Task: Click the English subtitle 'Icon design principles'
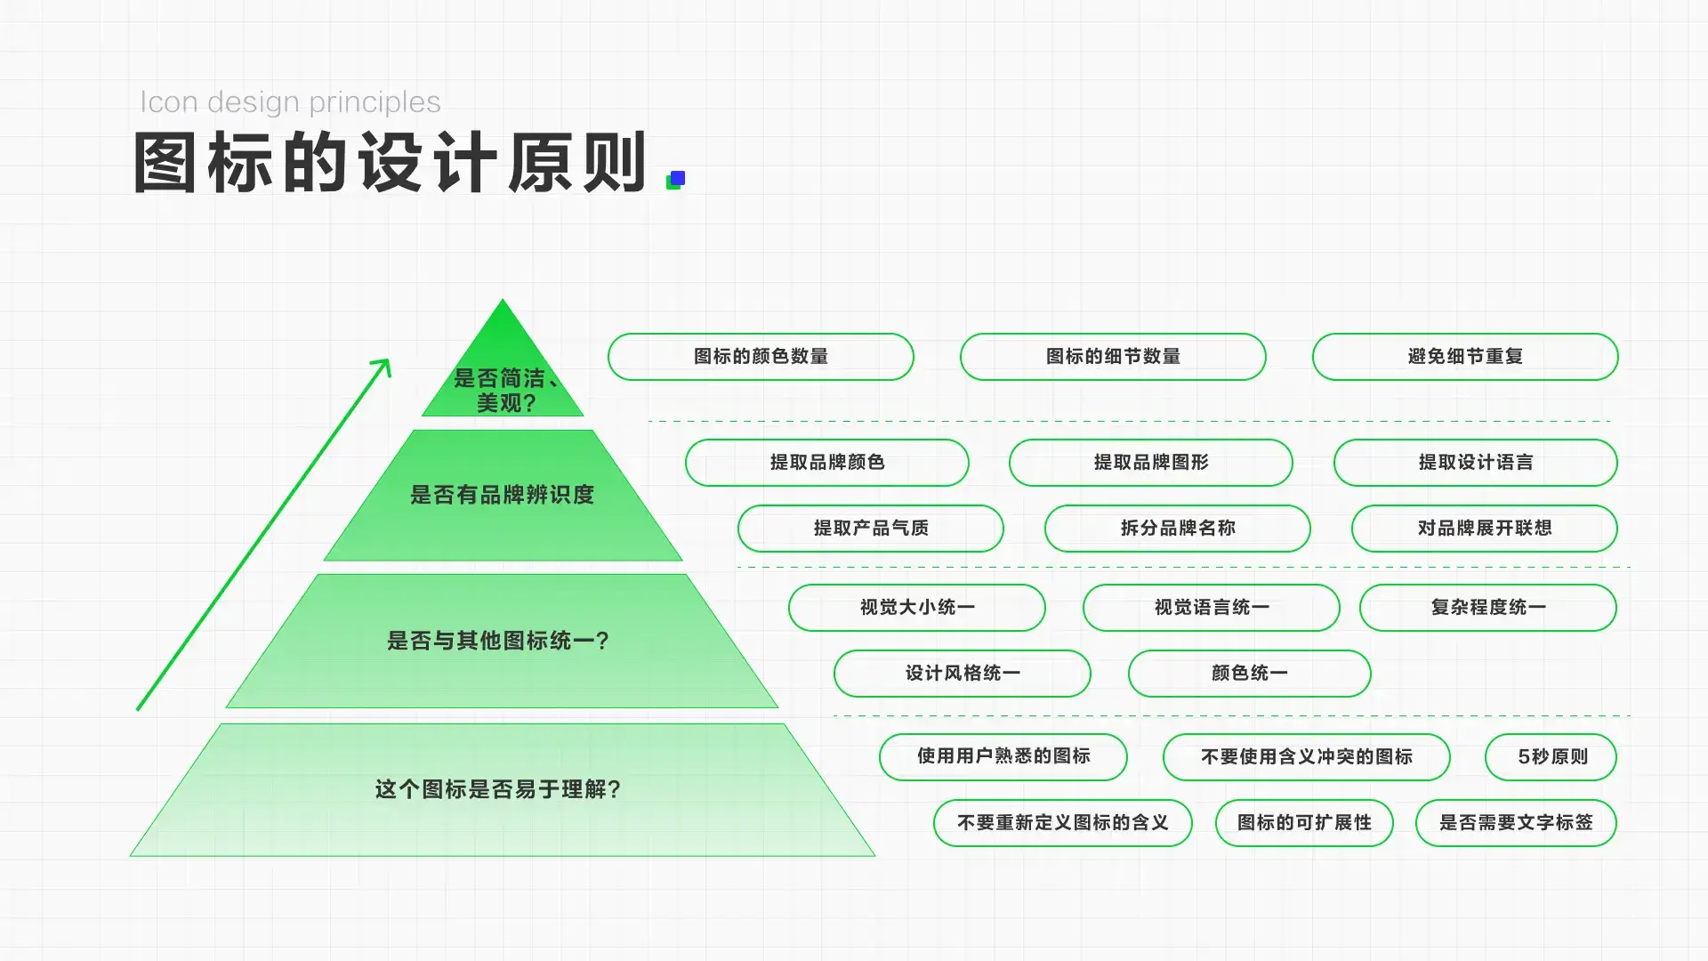[290, 103]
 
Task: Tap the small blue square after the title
[678, 178]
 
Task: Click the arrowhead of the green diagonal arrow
[383, 367]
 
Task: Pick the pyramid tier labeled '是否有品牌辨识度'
[503, 495]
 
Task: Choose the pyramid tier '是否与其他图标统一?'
[502, 641]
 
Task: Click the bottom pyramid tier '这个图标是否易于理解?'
[503, 790]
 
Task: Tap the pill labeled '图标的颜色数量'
[761, 357]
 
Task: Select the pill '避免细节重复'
[1465, 357]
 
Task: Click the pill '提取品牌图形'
[1151, 463]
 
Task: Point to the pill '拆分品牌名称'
[1178, 529]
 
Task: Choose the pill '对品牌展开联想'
[1485, 529]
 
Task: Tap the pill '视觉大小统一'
[917, 608]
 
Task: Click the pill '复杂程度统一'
[1488, 608]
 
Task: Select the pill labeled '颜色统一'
[1250, 674]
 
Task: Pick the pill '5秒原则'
[1551, 757]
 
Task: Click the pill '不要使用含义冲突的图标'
[1307, 757]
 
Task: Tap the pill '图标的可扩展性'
[1304, 823]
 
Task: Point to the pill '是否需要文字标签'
[1517, 823]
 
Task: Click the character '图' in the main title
[165, 163]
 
